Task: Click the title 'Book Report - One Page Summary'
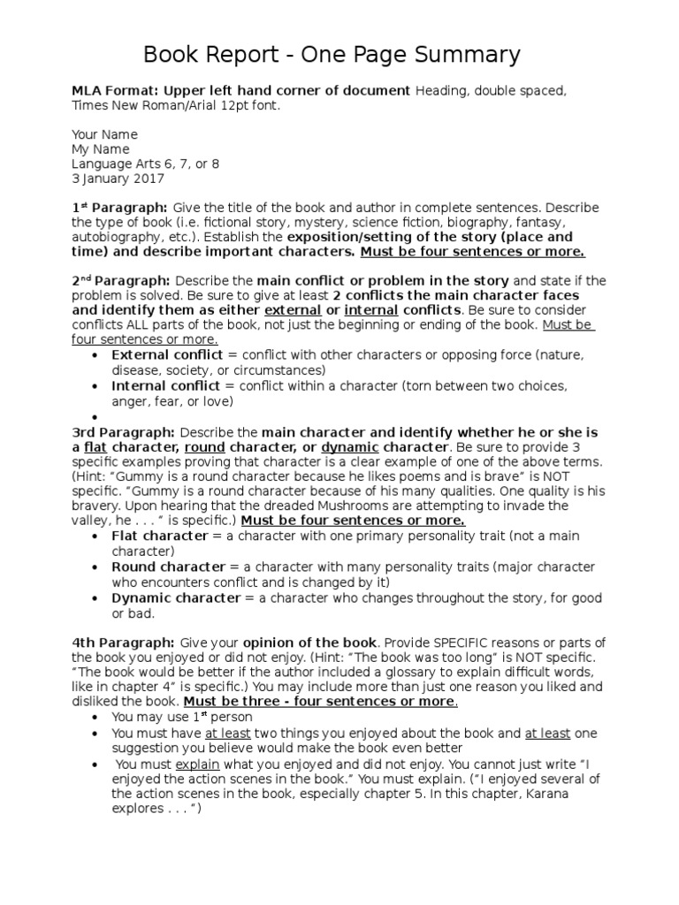click(332, 56)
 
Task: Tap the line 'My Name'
click(100, 149)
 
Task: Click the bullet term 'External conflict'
click(168, 354)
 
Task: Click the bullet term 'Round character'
click(168, 567)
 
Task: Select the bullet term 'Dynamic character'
click(175, 597)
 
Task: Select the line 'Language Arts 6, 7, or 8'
click(145, 164)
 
